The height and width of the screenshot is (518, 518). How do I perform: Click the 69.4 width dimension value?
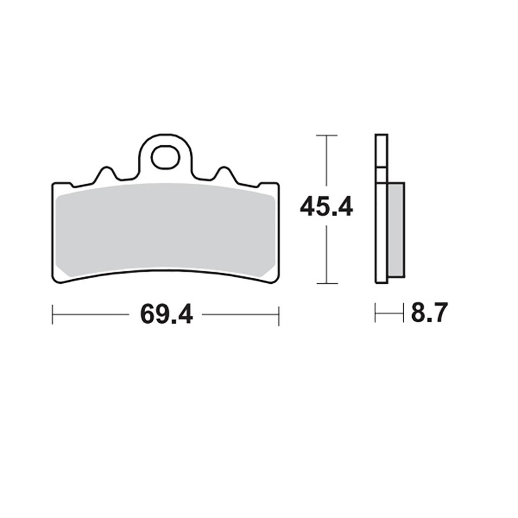pos(166,315)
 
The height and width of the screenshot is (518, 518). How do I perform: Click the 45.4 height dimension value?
pos(326,207)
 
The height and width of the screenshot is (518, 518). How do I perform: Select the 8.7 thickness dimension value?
pos(429,313)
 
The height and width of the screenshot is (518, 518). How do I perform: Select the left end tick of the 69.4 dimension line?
pos(53,315)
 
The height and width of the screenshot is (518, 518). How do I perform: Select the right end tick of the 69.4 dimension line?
pos(279,316)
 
